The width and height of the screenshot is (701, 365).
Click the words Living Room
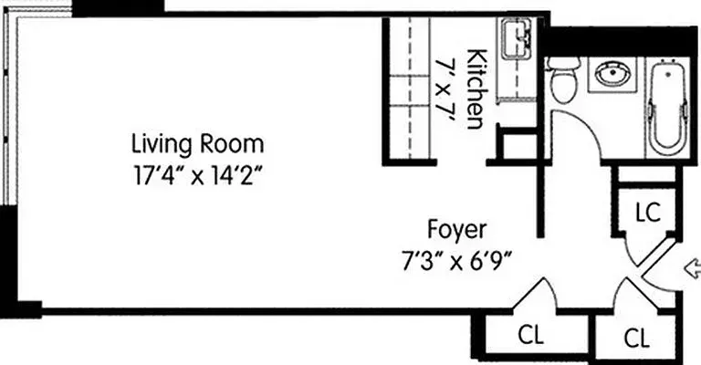tap(198, 143)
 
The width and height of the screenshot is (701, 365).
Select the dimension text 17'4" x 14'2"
tap(198, 172)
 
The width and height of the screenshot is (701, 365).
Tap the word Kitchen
tap(476, 89)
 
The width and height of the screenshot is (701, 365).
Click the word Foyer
tap(457, 228)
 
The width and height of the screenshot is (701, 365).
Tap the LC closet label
tap(647, 212)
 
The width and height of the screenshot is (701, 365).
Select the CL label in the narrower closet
tap(637, 338)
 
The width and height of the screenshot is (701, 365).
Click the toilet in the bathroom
tap(562, 81)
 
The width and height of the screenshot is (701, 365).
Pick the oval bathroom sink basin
tap(608, 76)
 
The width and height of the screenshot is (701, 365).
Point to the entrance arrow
tap(691, 267)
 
